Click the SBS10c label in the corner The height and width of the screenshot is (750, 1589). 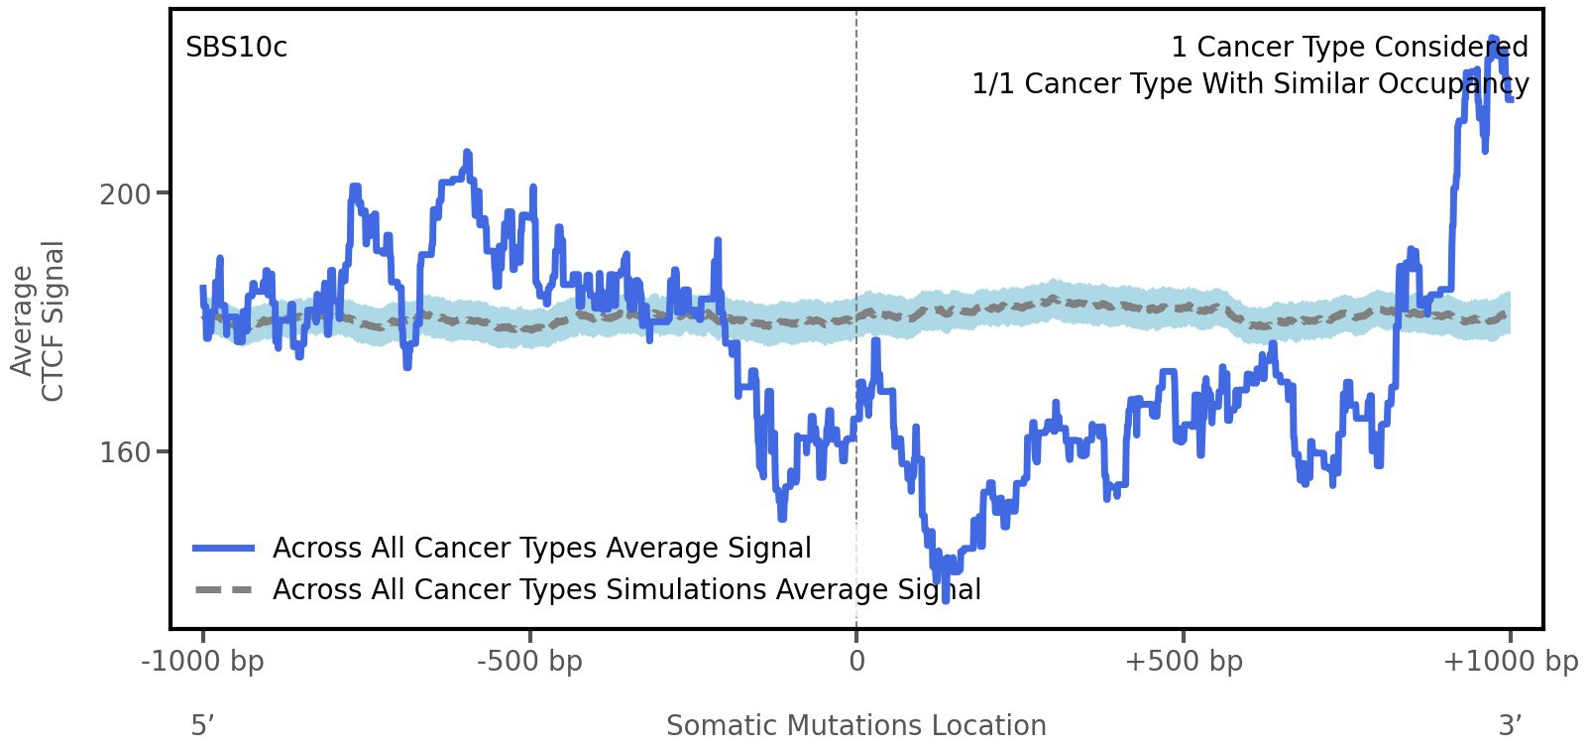(236, 48)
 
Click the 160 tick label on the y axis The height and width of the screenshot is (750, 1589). (125, 452)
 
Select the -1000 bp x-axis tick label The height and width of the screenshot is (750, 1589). (203, 661)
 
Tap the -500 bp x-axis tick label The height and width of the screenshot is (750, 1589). (529, 661)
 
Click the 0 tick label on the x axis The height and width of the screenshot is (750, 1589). (856, 661)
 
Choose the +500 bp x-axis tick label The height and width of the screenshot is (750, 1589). (1183, 661)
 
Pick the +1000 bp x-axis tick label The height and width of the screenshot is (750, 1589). (1509, 661)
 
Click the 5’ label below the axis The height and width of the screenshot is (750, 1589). (202, 725)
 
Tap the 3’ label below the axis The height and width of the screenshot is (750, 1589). (1510, 725)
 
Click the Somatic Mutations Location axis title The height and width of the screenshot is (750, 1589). (855, 725)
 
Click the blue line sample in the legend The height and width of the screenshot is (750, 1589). (224, 548)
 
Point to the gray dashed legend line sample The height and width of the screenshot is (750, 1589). (224, 589)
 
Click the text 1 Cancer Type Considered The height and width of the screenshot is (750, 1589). (1349, 48)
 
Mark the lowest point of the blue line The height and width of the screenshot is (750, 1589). (945, 598)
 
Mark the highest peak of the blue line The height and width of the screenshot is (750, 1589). (1494, 38)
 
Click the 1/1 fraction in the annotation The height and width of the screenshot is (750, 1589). (994, 84)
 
